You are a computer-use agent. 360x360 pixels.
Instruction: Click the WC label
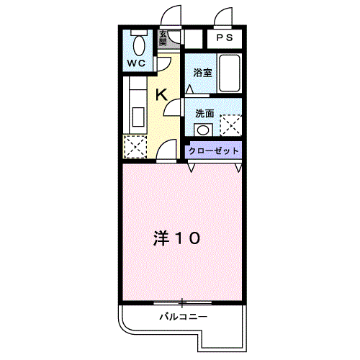point(136,63)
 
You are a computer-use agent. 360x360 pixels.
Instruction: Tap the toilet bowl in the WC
point(139,45)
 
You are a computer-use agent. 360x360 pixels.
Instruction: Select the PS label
point(225,37)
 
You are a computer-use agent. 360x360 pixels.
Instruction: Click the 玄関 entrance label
point(163,38)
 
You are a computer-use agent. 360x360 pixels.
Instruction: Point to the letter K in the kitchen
point(161,94)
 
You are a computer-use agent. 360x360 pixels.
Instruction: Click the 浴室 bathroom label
point(203,73)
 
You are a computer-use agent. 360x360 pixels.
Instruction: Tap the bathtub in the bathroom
point(230,73)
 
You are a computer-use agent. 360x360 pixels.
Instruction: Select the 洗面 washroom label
point(204,114)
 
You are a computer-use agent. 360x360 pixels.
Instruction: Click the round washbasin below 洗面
point(203,130)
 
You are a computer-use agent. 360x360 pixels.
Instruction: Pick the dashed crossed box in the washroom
point(230,125)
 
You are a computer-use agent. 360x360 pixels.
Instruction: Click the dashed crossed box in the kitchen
point(135,147)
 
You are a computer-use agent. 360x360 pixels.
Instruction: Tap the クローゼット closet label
point(213,151)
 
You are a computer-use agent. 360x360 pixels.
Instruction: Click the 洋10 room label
point(176,238)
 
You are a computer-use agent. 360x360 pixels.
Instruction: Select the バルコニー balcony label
point(184,317)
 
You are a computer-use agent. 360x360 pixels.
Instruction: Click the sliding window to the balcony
point(182,303)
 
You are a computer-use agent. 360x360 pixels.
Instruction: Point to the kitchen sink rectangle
point(138,117)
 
